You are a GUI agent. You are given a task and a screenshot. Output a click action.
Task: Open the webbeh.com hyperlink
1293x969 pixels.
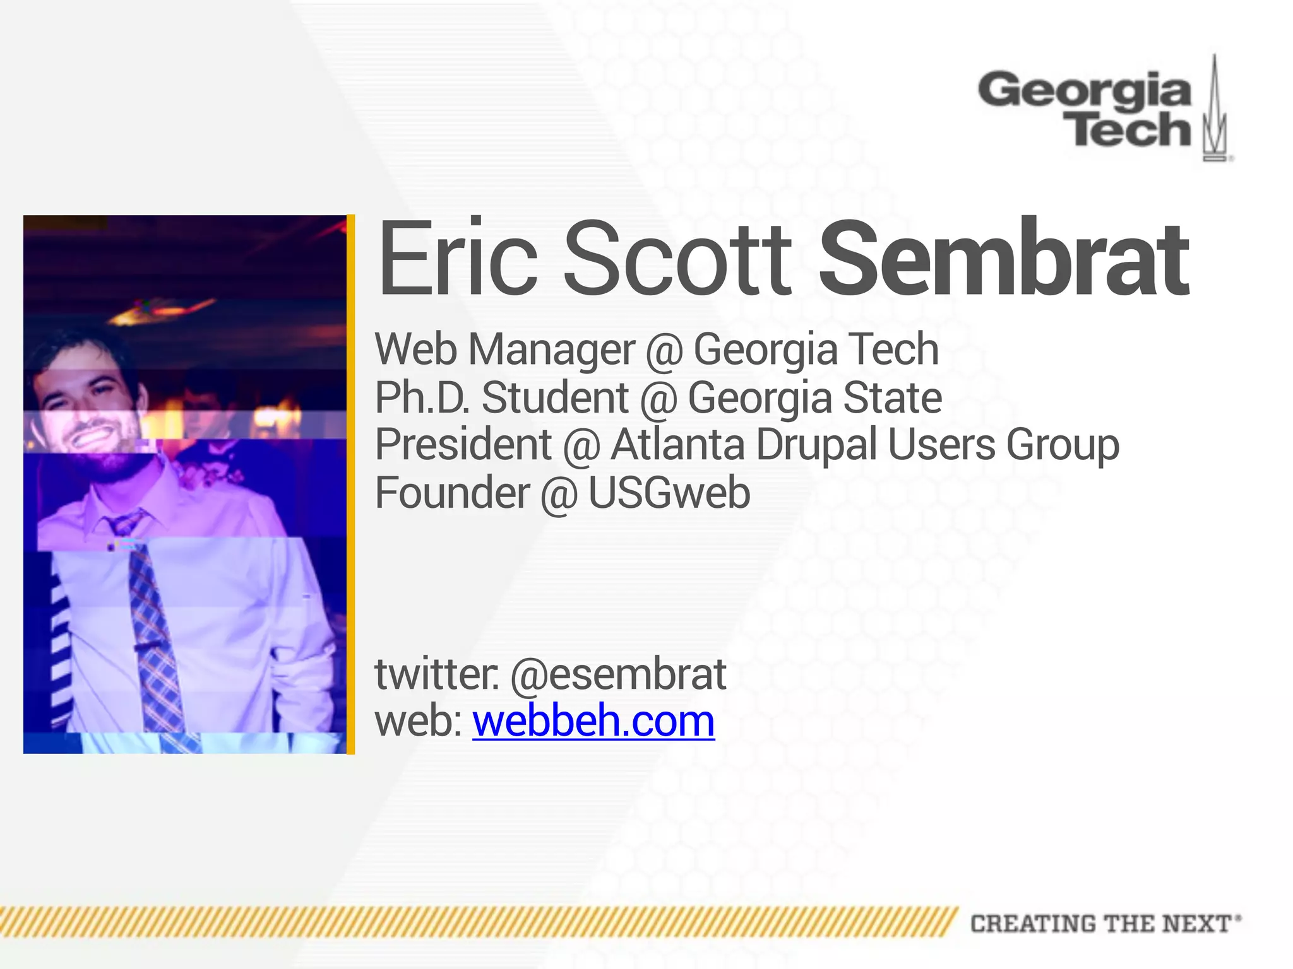point(593,720)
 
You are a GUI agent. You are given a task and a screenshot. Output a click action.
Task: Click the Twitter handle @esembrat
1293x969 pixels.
point(618,674)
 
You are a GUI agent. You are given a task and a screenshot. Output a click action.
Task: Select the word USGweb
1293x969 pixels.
point(669,493)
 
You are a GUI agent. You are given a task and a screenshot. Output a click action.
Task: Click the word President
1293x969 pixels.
point(463,444)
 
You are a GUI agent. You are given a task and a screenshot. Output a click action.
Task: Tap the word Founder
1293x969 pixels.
point(452,493)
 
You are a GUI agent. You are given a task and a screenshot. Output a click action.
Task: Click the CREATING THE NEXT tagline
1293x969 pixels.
point(1105,924)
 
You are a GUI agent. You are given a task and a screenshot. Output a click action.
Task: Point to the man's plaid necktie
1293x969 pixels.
point(152,625)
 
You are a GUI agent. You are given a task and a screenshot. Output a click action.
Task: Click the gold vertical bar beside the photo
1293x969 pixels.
point(351,484)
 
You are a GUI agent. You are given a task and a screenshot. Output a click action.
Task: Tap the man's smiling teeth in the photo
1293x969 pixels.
point(95,436)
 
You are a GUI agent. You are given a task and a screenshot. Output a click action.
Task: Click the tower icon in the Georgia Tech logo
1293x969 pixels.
point(1215,110)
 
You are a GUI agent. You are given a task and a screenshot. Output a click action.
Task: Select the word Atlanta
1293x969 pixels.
point(677,444)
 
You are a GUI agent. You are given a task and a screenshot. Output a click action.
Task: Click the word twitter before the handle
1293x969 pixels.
point(436,674)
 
